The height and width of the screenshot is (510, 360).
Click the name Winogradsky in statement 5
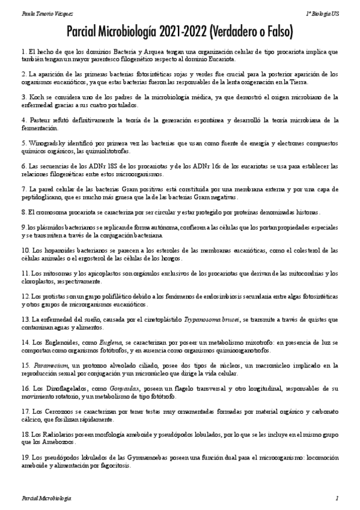tap(52, 144)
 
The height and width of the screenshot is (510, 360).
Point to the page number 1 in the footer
tap(337, 499)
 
